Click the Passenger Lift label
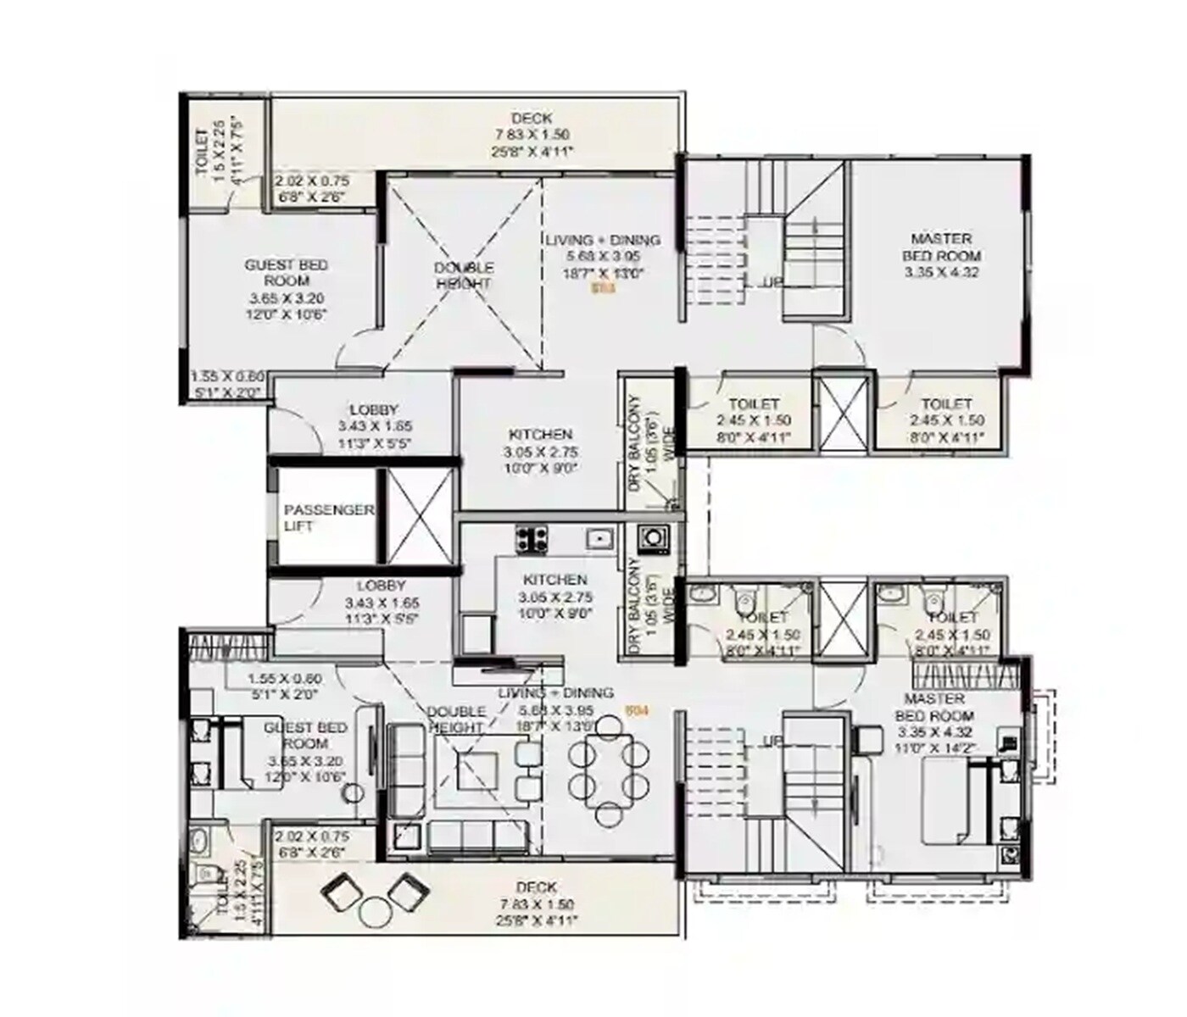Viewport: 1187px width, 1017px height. click(329, 518)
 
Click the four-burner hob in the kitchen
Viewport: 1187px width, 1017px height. click(532, 538)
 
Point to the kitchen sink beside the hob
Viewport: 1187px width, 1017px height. click(600, 537)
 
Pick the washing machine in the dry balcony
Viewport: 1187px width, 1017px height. click(653, 538)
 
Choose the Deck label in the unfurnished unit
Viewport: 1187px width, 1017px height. click(532, 134)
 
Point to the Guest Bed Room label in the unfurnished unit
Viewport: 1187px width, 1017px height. click(286, 289)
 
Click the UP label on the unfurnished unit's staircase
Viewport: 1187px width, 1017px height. click(772, 282)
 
